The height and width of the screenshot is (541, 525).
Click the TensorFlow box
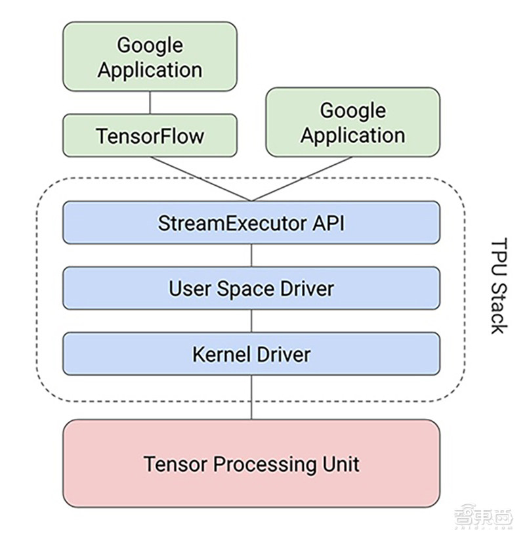[150, 135]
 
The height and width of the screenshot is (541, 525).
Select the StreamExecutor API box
[251, 223]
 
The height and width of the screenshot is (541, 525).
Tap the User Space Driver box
[251, 288]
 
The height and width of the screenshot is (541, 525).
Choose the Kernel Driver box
[251, 354]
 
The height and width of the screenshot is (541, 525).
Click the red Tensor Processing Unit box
[251, 464]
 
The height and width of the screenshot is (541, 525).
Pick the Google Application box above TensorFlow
[150, 56]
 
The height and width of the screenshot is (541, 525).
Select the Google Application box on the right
[352, 122]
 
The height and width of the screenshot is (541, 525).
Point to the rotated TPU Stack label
[499, 285]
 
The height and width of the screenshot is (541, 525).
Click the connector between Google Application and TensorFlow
[150, 102]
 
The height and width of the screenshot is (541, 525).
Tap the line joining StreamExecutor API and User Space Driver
[252, 255]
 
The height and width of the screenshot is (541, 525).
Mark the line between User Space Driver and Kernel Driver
[252, 321]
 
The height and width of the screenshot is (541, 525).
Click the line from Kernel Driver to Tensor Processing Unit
[252, 397]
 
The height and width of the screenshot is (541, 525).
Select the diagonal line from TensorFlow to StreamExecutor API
[200, 179]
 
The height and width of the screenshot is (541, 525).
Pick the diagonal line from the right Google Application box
[302, 179]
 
